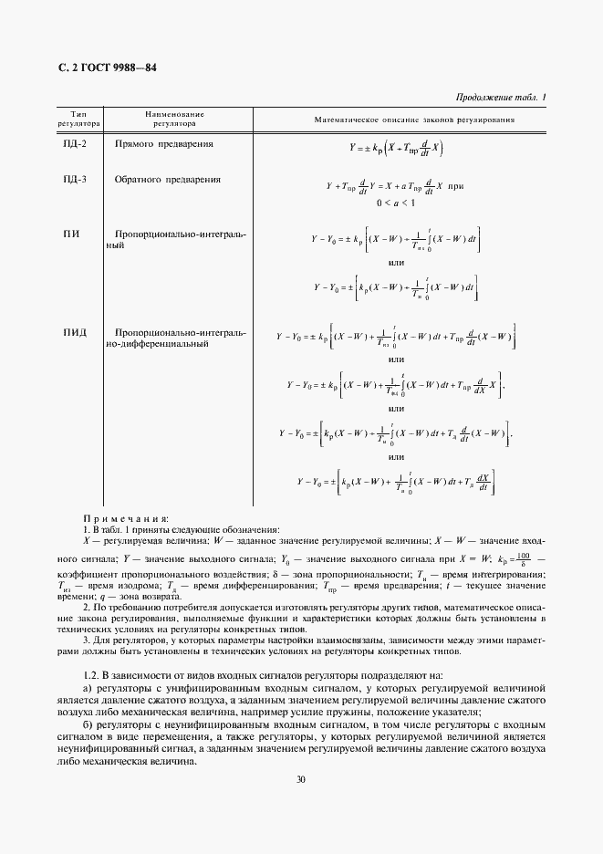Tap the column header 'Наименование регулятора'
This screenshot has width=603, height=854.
pos(174,119)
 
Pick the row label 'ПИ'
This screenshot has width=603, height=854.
pos(71,234)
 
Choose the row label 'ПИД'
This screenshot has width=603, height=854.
pos(74,332)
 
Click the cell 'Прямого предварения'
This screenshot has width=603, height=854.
pos(164,145)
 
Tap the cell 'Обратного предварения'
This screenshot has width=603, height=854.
pos(168,180)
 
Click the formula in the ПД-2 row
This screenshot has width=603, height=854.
pos(397,147)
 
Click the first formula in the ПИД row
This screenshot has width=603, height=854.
pos(397,338)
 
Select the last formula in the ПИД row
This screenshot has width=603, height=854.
pos(396,481)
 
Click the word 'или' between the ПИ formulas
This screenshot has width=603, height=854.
pos(396,263)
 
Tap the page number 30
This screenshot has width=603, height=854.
pos(301,779)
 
